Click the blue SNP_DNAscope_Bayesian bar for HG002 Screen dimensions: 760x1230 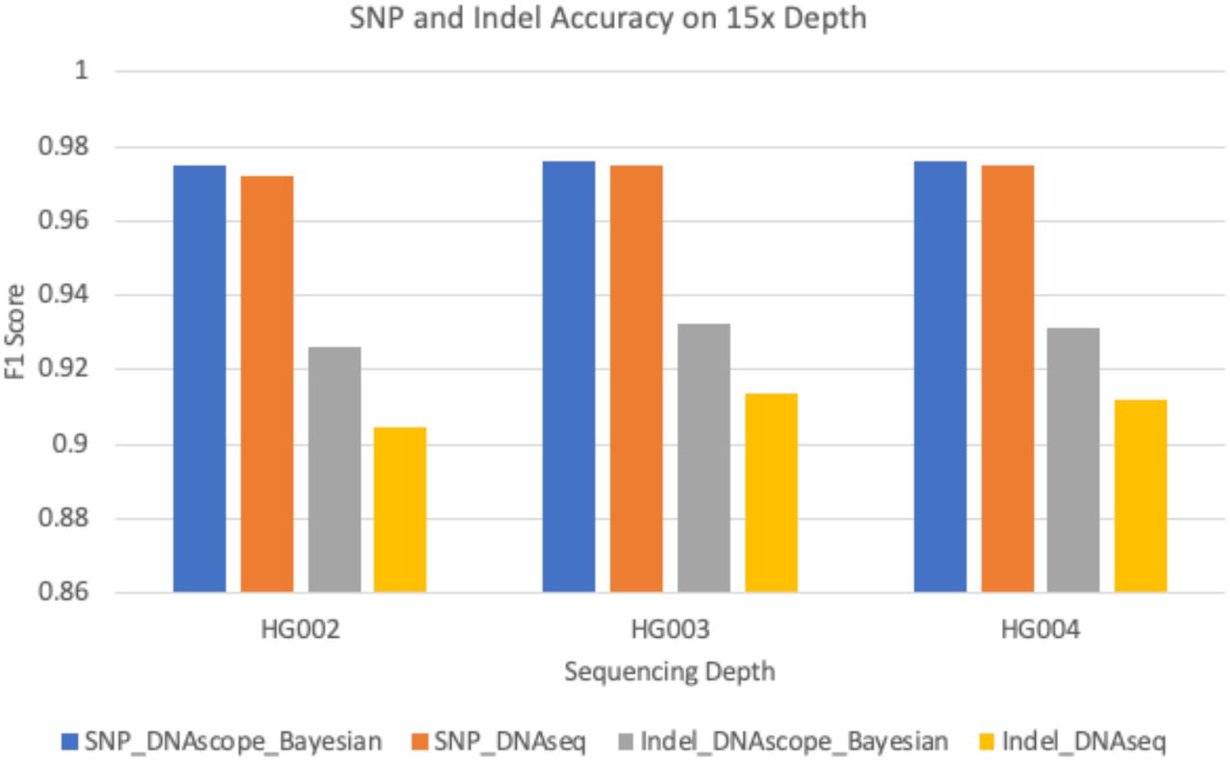click(199, 380)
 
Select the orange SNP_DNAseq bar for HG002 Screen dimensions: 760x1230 click(267, 384)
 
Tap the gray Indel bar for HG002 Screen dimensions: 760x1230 click(334, 470)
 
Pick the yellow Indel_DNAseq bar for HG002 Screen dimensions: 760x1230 click(400, 510)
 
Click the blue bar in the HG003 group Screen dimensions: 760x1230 click(569, 378)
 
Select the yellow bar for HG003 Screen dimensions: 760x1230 click(771, 493)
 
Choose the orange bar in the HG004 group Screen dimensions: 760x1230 click(1006, 380)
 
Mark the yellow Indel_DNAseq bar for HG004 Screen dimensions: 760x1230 click(1141, 496)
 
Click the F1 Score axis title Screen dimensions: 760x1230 click(15, 331)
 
